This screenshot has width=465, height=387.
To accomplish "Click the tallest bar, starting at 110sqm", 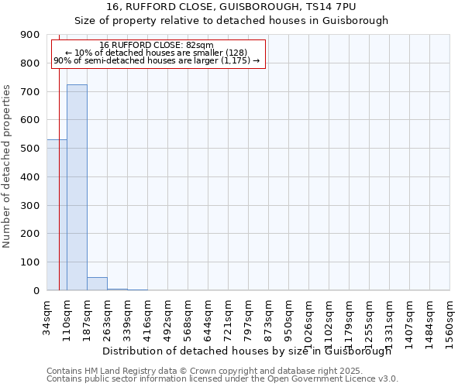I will tap(77, 187).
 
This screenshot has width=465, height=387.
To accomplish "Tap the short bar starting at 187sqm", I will tap(97, 283).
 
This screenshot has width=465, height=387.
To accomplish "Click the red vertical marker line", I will tap(59, 170).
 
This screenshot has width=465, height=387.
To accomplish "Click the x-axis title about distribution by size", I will tap(246, 351).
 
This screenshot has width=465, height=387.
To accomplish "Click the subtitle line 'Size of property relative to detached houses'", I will tap(231, 21).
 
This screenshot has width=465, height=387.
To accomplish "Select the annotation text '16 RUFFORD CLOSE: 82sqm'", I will tap(157, 45).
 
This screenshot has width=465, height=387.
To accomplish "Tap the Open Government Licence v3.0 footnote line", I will tap(222, 379).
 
